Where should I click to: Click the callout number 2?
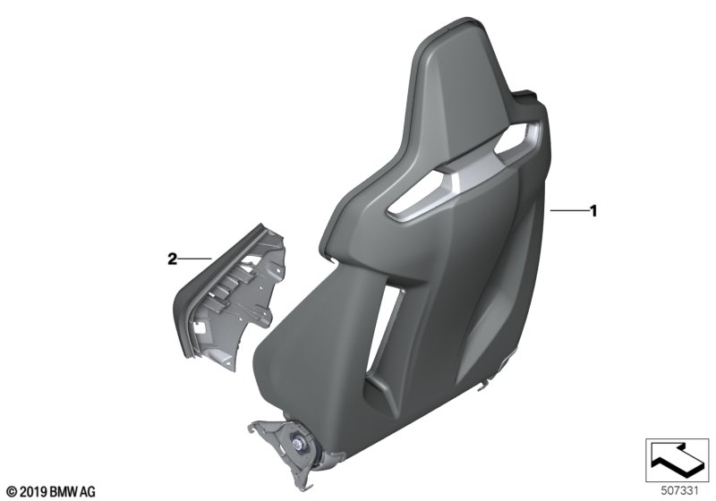pos(171,259)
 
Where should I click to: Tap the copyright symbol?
pos(12,492)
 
